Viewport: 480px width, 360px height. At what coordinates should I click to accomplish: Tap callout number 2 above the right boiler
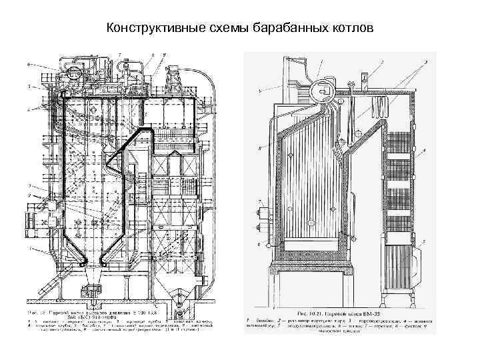[381, 62]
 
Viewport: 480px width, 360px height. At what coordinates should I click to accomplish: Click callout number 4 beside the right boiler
[423, 152]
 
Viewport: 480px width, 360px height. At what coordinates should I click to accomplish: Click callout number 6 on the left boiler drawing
[28, 64]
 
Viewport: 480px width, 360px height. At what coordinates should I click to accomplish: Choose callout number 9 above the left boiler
[164, 53]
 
